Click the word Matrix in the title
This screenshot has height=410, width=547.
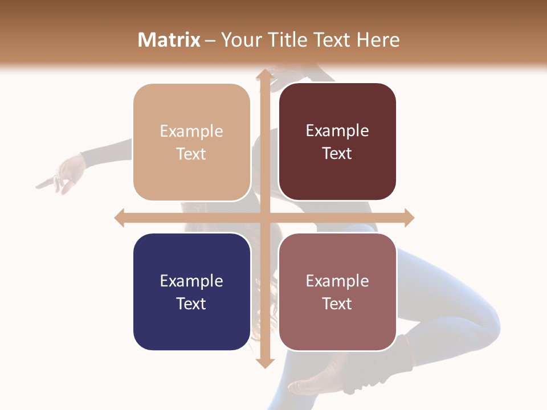coord(169,40)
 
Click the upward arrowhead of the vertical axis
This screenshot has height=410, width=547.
coord(264,73)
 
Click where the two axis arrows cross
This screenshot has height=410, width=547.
coord(264,218)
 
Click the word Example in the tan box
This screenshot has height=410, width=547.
coord(191,132)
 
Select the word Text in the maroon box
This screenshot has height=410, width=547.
coord(337,154)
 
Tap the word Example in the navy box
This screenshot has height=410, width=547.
coord(191,281)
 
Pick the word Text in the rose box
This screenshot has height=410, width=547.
coord(337,304)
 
